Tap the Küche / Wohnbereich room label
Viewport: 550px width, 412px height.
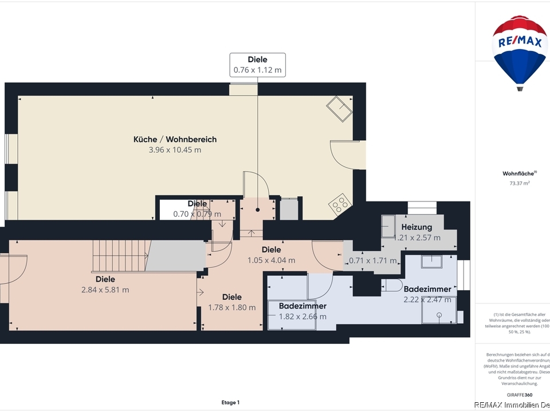[175, 139]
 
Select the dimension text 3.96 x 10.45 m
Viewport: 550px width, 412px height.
[175, 150]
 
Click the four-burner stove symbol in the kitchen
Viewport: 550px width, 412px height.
[339, 204]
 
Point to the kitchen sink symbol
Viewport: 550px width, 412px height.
[339, 108]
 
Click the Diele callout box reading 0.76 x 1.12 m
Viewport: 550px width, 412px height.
[257, 65]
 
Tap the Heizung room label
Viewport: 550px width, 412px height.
[417, 227]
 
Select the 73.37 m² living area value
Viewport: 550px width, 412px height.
[519, 183]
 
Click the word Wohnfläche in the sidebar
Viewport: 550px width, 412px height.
[518, 173]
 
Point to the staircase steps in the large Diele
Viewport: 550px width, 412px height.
[121, 255]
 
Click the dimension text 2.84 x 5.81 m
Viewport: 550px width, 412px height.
[105, 290]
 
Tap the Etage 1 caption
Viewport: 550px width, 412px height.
[230, 402]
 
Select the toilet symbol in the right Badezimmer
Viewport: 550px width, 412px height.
[394, 284]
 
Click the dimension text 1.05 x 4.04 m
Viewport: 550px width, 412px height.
[271, 260]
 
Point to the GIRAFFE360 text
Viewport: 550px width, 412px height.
[519, 394]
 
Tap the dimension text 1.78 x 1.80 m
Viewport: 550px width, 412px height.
[231, 307]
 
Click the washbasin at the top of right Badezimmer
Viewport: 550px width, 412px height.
[431, 261]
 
